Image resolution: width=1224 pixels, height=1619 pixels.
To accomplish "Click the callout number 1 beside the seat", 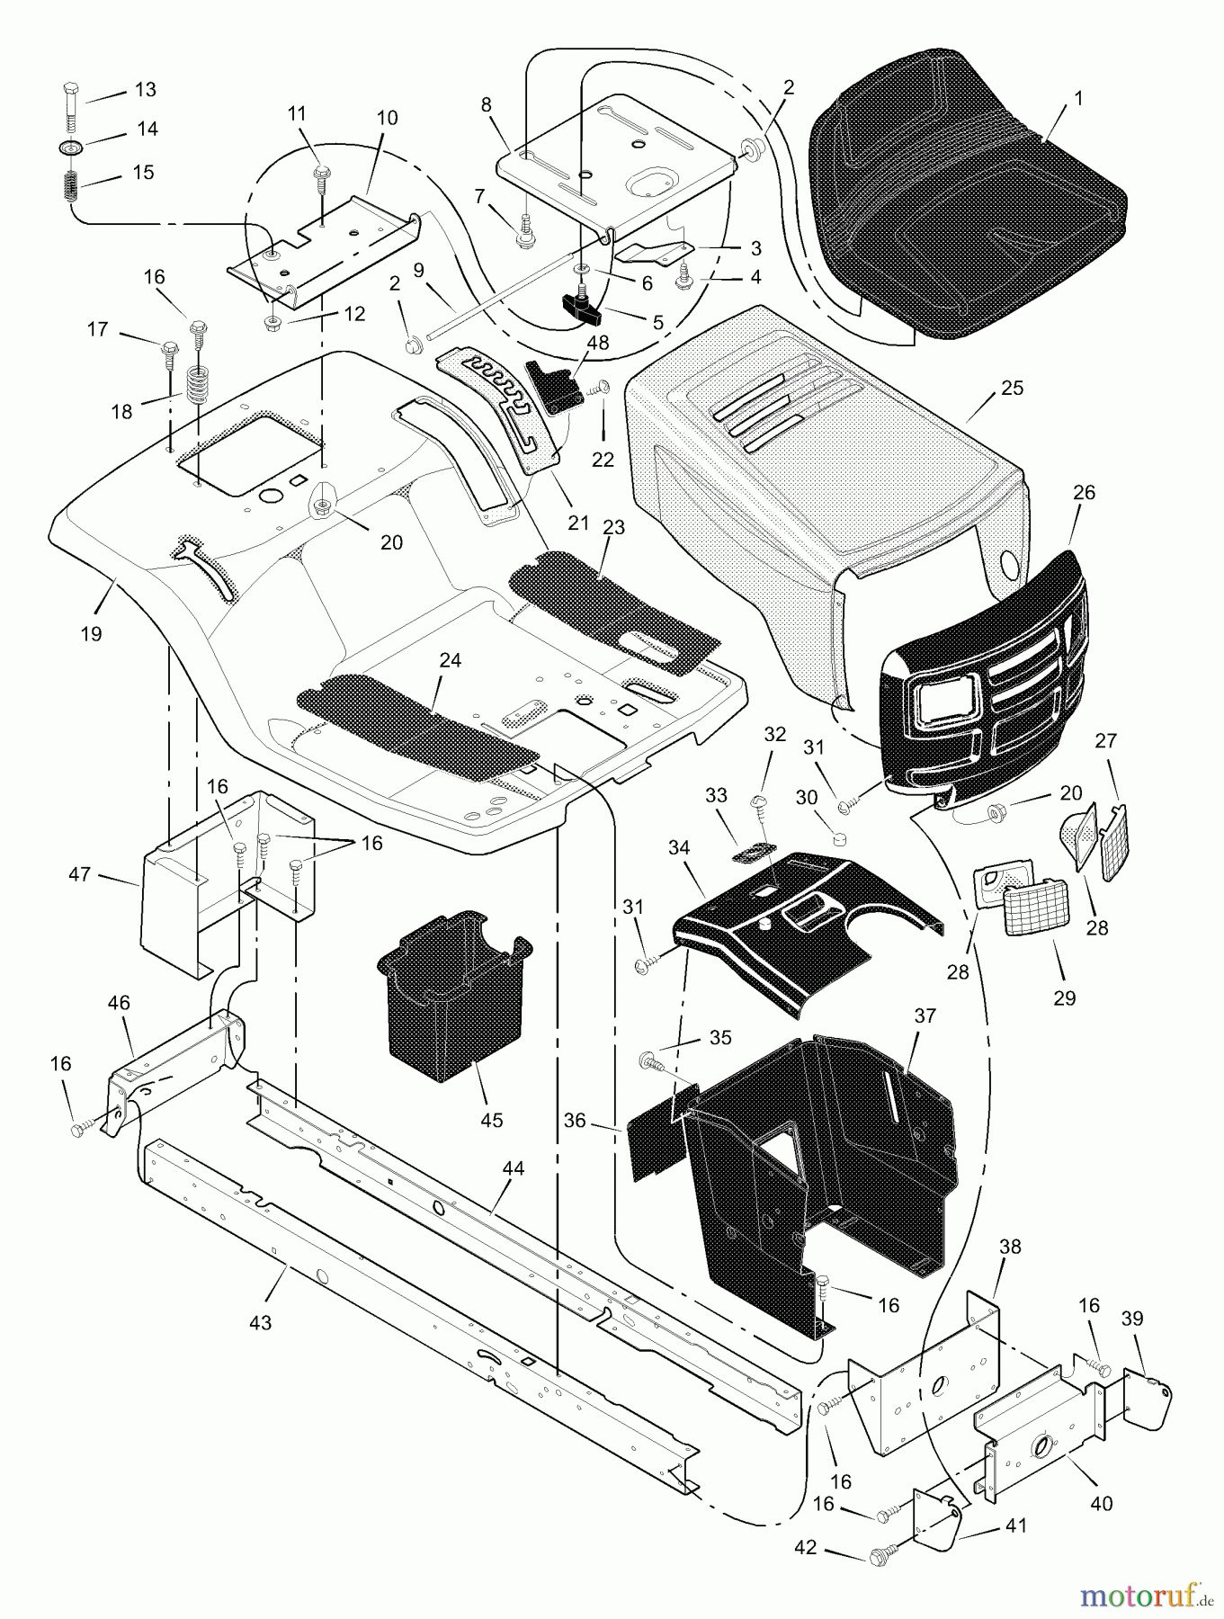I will click(x=1079, y=98).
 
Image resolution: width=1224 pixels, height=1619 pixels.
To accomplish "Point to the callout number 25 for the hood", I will click(x=1011, y=388).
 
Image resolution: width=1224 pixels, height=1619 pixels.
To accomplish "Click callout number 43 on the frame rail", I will click(x=260, y=1323).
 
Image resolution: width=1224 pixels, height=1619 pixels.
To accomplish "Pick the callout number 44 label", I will click(x=513, y=1168).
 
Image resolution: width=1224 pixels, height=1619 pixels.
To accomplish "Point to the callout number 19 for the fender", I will click(x=90, y=634).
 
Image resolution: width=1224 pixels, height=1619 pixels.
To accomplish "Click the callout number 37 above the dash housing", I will click(x=925, y=1016).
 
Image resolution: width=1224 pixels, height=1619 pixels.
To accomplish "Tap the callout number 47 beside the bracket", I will click(x=80, y=872).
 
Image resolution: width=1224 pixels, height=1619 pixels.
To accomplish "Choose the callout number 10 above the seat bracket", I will click(x=387, y=118).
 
